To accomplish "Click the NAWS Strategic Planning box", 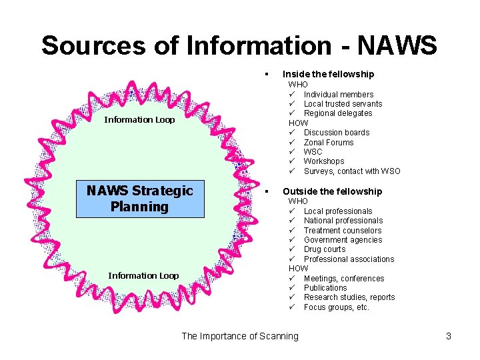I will point(140,199).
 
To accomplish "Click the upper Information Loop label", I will point(139,120).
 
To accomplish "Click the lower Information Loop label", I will point(143,275).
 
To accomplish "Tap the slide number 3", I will point(449,336).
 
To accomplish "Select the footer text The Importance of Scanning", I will point(240,336).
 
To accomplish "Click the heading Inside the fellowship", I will point(328,74).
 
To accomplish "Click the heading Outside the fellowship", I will point(332,191).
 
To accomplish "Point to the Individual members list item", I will point(338,95).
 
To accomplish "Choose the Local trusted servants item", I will point(343,104).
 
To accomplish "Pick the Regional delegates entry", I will point(338,113).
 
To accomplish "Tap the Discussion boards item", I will point(336,133).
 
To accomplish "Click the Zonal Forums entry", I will point(329,143).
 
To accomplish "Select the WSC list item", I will point(313,152).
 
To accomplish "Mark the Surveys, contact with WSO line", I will point(352,171).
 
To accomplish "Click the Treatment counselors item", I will point(343,231).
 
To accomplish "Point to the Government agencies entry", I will point(343,240).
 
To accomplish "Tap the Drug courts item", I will point(325,249).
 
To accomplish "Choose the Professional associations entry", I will point(349,259).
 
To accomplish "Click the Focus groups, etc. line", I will point(336,307).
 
